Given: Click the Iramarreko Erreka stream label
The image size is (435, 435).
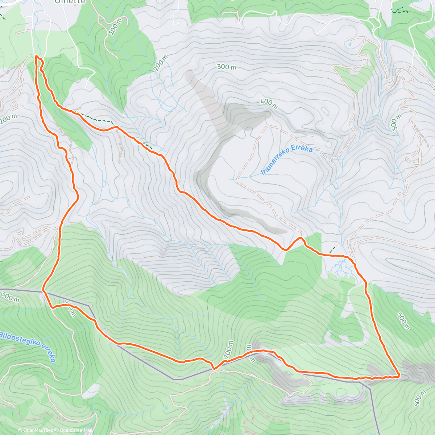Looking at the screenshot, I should (287, 159).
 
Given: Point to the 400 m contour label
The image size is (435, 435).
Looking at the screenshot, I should (269, 104).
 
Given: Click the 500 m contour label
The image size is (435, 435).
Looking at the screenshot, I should (403, 321).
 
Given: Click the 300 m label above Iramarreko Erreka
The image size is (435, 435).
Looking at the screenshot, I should (226, 67).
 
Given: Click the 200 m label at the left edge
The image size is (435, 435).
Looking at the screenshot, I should (8, 119).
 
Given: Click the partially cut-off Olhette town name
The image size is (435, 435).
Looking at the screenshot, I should (70, 2).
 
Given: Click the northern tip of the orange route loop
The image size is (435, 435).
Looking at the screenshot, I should (37, 57).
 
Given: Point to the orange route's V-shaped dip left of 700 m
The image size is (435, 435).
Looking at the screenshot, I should (214, 369).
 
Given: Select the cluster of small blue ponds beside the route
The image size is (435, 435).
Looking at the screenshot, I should (340, 268).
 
